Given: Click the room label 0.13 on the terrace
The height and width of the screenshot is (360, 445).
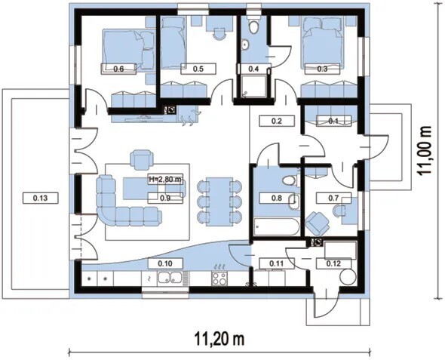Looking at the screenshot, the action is [40, 198].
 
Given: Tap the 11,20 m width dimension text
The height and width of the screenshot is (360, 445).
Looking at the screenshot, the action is [219, 339].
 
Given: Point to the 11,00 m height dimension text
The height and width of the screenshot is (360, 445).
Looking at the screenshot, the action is [425, 150].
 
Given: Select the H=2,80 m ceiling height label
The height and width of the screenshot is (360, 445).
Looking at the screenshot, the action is [165, 179].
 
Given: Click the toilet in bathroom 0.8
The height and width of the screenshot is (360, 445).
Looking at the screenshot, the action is [290, 180].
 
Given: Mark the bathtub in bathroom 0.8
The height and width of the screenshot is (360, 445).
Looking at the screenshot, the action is [277, 227].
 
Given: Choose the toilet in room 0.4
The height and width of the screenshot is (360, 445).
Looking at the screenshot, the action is [253, 26].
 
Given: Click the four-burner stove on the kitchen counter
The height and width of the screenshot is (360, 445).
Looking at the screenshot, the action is [219, 278].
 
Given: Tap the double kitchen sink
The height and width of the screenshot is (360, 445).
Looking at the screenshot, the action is [170, 278].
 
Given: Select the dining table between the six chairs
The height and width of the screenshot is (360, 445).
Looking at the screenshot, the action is [219, 202].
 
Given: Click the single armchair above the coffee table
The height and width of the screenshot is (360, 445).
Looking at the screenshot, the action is [142, 159].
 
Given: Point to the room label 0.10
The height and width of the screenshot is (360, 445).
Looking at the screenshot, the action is [165, 263].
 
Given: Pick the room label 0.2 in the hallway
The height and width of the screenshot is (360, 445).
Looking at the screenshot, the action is [277, 121].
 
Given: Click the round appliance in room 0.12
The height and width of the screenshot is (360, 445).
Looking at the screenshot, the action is [348, 276].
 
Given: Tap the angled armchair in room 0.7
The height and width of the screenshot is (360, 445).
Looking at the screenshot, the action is [318, 223].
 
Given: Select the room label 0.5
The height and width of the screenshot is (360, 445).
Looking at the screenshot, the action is [198, 69].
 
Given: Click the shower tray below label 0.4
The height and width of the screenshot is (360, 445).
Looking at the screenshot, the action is [253, 86].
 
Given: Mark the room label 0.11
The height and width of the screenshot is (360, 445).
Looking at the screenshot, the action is [276, 263].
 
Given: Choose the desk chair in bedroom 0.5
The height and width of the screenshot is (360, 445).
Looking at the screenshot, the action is [218, 33].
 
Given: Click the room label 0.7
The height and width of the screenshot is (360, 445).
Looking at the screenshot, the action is [333, 198].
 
